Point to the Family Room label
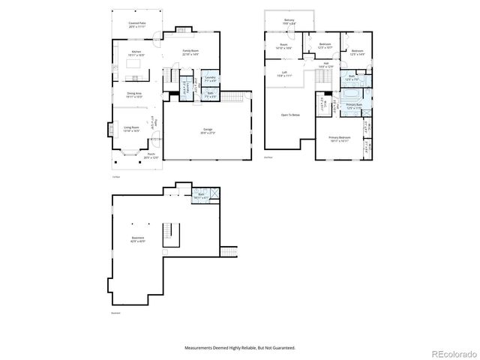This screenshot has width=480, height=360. coord(190,53)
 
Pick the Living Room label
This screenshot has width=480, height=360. coord(132,129)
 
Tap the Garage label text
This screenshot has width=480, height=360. coord(207,130)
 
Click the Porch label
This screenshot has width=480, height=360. coord(151,155)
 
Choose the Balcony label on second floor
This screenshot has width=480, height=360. coord(289,22)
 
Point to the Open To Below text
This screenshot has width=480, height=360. coord(291,115)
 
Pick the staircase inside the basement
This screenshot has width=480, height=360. coord(172,234)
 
